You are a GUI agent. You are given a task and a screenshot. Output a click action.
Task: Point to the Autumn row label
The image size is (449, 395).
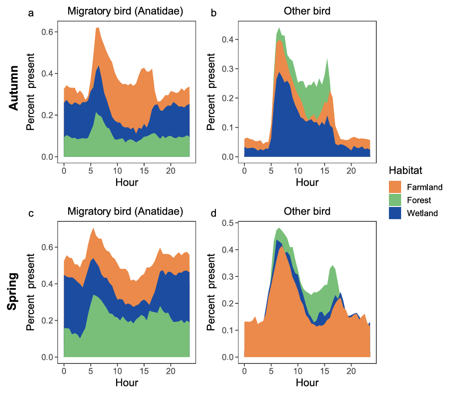point(14,88)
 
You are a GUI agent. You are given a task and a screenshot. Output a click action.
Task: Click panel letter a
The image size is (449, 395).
point(31,13)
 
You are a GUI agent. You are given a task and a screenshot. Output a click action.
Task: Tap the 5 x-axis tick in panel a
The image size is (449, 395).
point(90,171)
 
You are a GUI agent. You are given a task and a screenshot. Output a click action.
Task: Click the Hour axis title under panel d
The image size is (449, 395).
point(307,382)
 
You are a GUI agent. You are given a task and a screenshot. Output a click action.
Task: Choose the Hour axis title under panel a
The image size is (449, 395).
point(127,183)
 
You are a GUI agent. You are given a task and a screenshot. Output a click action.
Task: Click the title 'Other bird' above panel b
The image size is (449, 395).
point(307,11)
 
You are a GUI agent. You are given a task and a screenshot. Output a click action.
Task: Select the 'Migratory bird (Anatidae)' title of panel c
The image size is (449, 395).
point(125,211)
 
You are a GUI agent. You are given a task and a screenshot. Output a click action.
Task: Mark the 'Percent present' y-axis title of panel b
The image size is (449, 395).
point(212,92)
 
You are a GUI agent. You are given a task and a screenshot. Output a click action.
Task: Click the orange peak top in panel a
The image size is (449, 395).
point(97,28)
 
